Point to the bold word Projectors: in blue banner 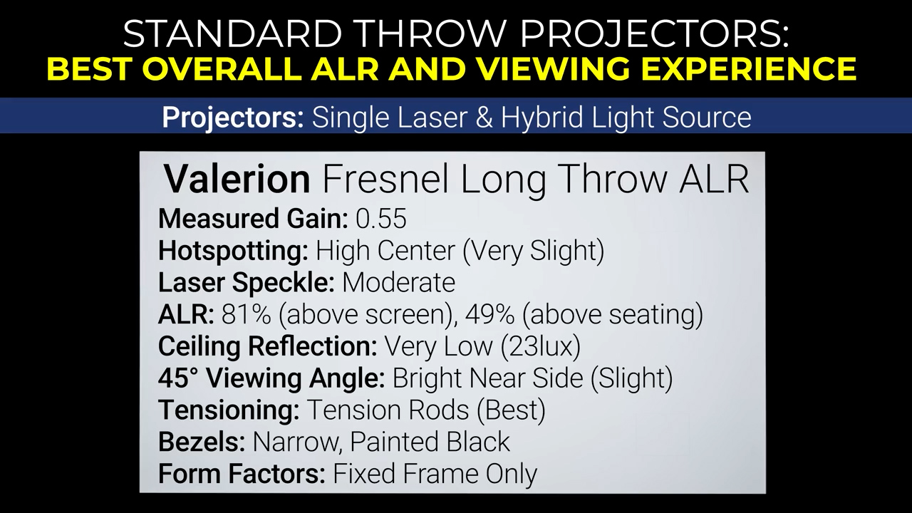(233, 118)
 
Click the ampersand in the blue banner (483, 118)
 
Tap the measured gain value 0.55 (381, 219)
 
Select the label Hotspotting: (233, 251)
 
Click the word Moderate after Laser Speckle (398, 282)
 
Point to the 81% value (246, 314)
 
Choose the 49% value (489, 314)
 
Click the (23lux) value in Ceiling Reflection (540, 347)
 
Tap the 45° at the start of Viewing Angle (178, 378)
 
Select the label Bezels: (202, 442)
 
